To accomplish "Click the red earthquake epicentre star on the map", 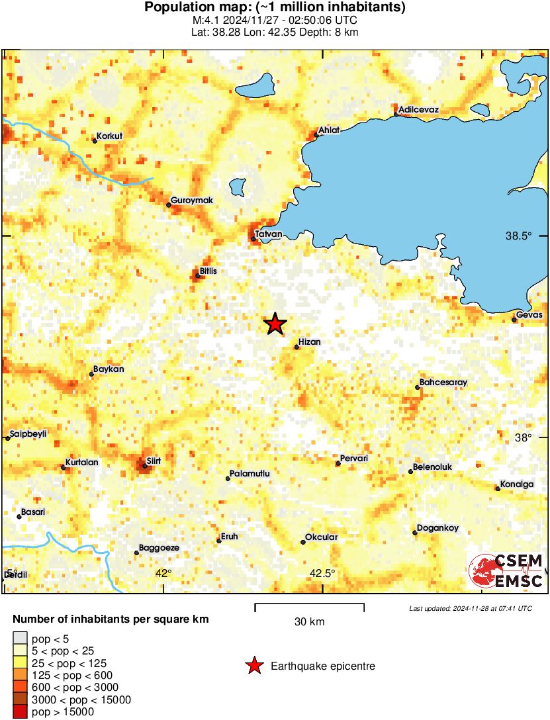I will pos(275,324).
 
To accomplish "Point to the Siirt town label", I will pos(154,460).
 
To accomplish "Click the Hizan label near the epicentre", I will pos(310,342).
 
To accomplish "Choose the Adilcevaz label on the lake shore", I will pos(418,109).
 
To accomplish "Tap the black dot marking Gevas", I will pos(514,320).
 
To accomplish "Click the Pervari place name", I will pos(353,458).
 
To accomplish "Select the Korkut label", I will pos(110,136).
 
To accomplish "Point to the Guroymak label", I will pos(192,200).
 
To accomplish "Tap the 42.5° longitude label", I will pos(322,573).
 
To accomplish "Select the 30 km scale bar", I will pos(309,605).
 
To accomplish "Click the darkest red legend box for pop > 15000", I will pos(21,712).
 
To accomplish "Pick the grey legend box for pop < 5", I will pos(21,639).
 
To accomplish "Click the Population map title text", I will pos(275,7).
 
